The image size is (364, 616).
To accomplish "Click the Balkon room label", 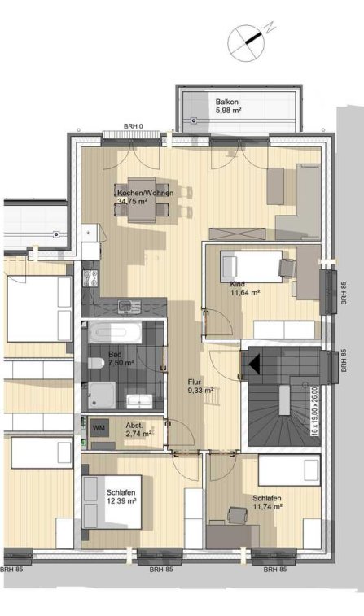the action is coord(227,103).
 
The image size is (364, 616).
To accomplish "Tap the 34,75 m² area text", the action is coord(132,202).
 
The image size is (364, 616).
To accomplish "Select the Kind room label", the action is coord(238,284).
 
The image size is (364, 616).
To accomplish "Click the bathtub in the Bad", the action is coord(114,332).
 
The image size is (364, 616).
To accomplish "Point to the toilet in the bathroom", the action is coord(95,363).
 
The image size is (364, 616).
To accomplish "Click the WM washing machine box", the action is coord(99,428).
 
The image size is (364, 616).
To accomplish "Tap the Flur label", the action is coord(194,382).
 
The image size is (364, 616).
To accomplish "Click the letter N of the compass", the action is coord(270,28).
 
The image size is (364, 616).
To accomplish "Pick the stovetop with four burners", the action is coord(90,277).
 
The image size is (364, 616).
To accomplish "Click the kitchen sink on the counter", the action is coord(129,307).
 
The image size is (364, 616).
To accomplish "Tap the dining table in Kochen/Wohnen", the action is coord(142,199).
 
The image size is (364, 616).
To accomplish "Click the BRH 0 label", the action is coord(134,126).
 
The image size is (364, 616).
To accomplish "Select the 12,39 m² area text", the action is coord(121,501).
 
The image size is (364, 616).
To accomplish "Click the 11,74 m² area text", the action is coord(267,507).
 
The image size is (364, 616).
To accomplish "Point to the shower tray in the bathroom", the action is coord(102,395).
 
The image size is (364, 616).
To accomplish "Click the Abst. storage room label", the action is coord(134,426).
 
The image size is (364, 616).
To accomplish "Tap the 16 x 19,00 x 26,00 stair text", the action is coord(314,411).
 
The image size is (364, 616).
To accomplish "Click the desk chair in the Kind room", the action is coord(287,269).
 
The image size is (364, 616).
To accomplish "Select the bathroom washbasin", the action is coord(138,401).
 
